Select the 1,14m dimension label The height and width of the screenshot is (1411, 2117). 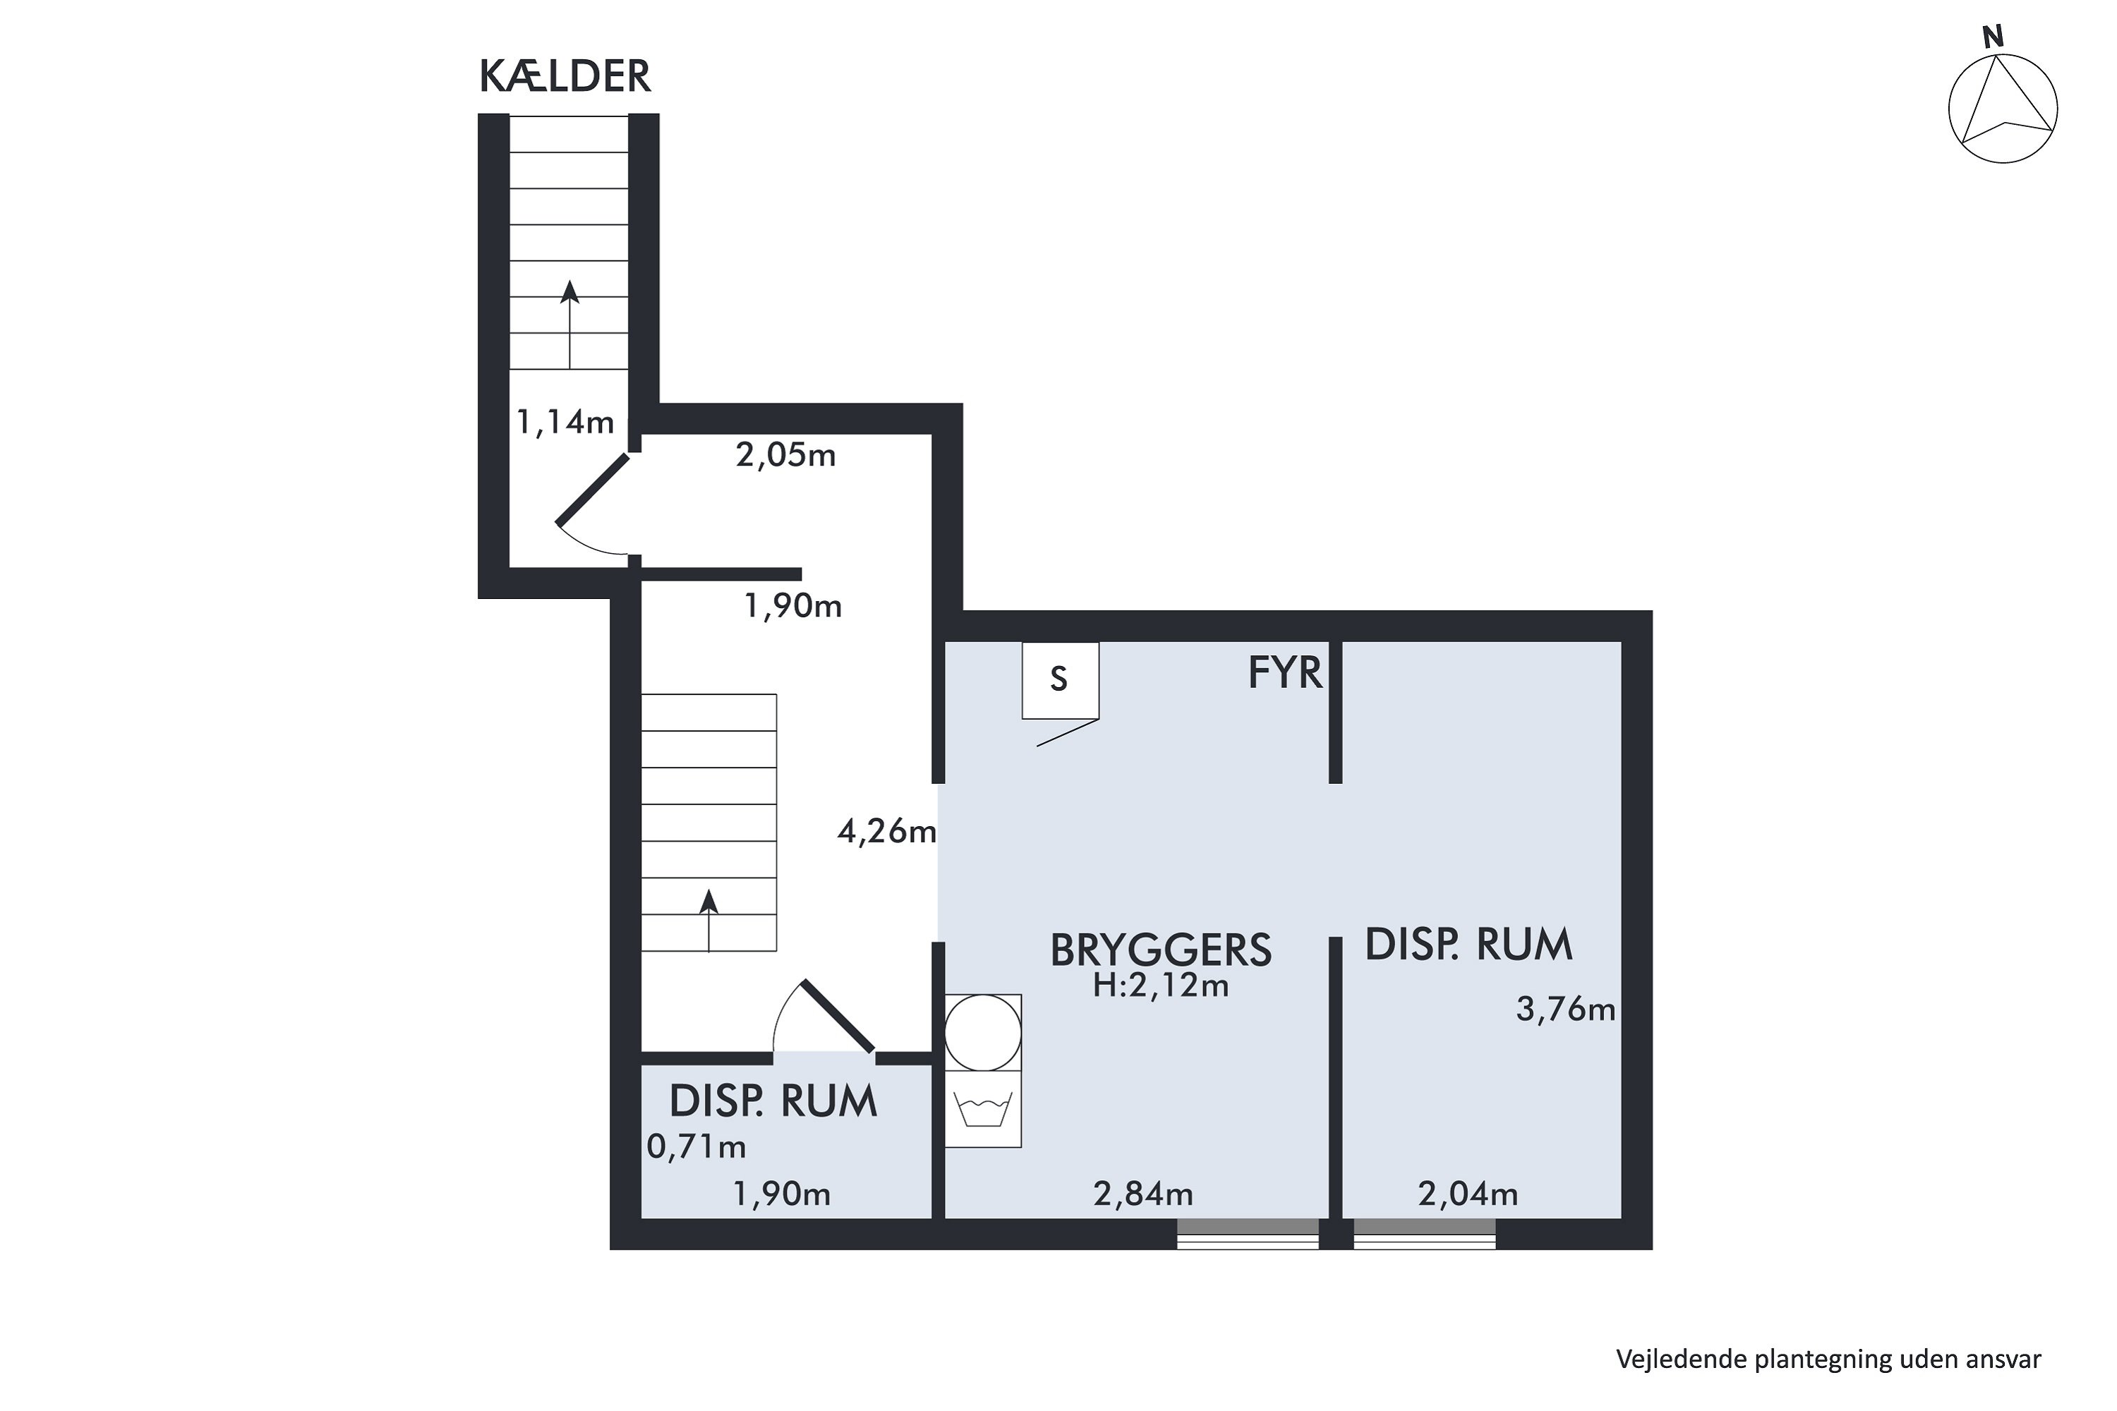point(565,421)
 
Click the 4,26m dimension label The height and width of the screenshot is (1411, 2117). point(886,832)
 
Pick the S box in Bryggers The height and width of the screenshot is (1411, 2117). point(1059,679)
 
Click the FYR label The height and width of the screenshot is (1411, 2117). point(1284,672)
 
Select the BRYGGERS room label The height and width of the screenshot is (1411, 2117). point(1160,950)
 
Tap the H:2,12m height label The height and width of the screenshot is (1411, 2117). point(1160,986)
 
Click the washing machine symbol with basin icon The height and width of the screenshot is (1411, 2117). point(983,1108)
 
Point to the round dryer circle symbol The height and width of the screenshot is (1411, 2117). point(983,1033)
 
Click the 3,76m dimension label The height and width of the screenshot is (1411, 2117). point(1565,1010)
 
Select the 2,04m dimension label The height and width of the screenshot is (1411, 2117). point(1467,1194)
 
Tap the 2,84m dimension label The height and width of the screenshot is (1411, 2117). point(1143,1194)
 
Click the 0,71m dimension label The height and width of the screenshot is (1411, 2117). point(696,1146)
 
